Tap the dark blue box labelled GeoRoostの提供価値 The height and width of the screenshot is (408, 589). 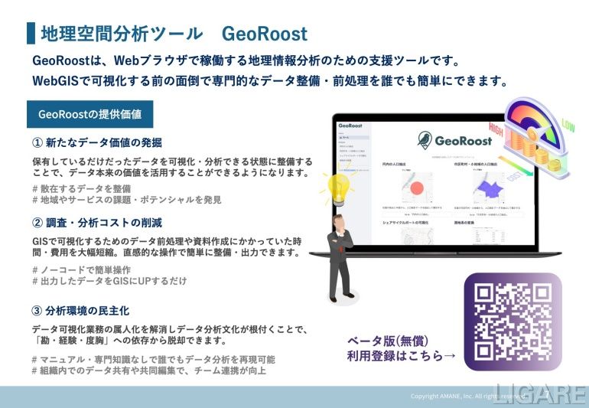coord(89,114)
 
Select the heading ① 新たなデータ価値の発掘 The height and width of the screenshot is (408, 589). coord(97,142)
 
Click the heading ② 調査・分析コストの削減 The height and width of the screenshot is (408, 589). coord(97,223)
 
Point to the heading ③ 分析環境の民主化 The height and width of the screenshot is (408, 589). coord(80,311)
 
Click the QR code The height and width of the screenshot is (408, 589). coord(512,322)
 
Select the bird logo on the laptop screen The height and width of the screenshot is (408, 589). coord(425,140)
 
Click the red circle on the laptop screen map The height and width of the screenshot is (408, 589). coord(418,188)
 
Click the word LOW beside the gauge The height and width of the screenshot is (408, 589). coord(570,124)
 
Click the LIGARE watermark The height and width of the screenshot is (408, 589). coord(541,393)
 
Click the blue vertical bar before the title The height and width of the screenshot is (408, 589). coord(31,33)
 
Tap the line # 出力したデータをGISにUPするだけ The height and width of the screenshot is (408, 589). coord(109,282)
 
